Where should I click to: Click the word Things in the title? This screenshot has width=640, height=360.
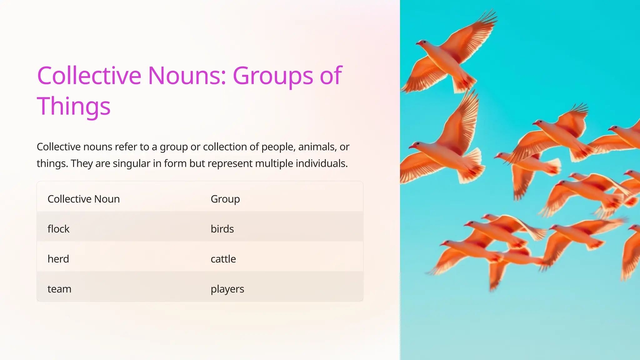click(x=74, y=106)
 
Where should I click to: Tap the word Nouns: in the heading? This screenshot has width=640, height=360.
click(x=187, y=76)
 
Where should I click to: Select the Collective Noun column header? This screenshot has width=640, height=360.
click(x=83, y=199)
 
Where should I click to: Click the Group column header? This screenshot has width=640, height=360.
click(x=225, y=199)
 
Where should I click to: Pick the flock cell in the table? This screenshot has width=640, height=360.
click(x=58, y=229)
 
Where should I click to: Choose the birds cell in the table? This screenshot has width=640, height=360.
click(x=222, y=229)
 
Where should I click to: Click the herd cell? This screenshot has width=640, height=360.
click(x=58, y=259)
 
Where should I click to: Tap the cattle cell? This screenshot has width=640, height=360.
click(x=223, y=259)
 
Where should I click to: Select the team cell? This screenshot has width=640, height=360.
click(x=59, y=289)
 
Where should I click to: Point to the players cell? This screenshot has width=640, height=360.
click(x=227, y=289)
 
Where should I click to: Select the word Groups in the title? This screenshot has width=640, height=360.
click(x=273, y=76)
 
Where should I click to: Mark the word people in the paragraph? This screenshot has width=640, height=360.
click(x=278, y=147)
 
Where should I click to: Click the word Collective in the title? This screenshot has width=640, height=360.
click(x=89, y=76)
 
